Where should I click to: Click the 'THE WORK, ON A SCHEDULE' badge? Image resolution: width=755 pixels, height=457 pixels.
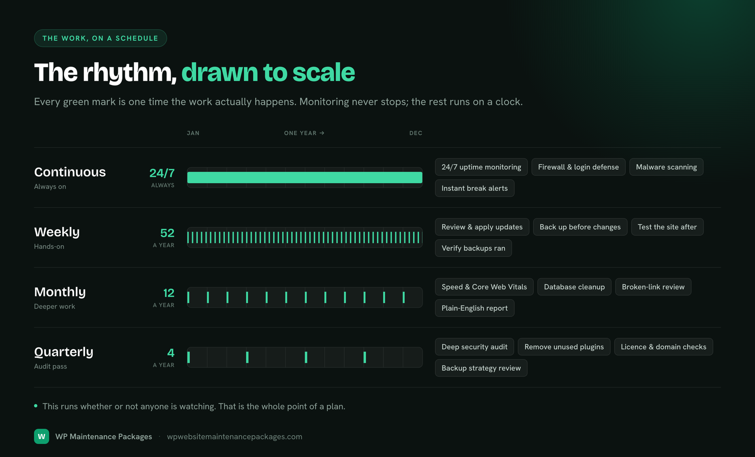(x=101, y=38)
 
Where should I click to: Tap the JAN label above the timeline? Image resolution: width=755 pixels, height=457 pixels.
(x=193, y=133)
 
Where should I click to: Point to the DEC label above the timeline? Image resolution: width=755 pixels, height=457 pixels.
(x=416, y=133)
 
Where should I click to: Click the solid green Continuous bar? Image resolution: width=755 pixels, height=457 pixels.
(x=305, y=178)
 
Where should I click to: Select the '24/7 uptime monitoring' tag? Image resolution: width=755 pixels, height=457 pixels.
(x=481, y=167)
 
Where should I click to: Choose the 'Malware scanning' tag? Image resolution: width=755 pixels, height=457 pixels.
(x=666, y=167)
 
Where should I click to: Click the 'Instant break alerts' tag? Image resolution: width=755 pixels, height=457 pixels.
(x=475, y=188)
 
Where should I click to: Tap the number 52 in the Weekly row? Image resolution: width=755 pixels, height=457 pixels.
(x=167, y=233)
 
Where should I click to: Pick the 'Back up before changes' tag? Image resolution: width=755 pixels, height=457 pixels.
(x=580, y=227)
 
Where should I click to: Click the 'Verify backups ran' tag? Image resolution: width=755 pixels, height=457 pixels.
(x=473, y=248)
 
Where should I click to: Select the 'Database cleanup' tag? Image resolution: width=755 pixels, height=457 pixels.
(x=574, y=287)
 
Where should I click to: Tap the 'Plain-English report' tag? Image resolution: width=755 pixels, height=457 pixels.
(x=475, y=308)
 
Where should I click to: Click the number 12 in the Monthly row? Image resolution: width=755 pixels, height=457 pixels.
(x=168, y=293)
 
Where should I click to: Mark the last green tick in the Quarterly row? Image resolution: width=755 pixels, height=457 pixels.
(x=365, y=357)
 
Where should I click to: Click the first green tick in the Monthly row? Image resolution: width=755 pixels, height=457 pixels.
(x=188, y=297)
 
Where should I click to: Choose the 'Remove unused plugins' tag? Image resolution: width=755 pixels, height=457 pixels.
(x=564, y=347)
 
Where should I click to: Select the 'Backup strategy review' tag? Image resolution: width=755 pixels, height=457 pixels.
(x=481, y=368)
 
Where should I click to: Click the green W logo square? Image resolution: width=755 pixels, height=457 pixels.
(x=42, y=436)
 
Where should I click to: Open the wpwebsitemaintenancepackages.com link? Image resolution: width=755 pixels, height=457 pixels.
(x=235, y=437)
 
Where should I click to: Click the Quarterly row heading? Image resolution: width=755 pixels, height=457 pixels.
(x=64, y=352)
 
